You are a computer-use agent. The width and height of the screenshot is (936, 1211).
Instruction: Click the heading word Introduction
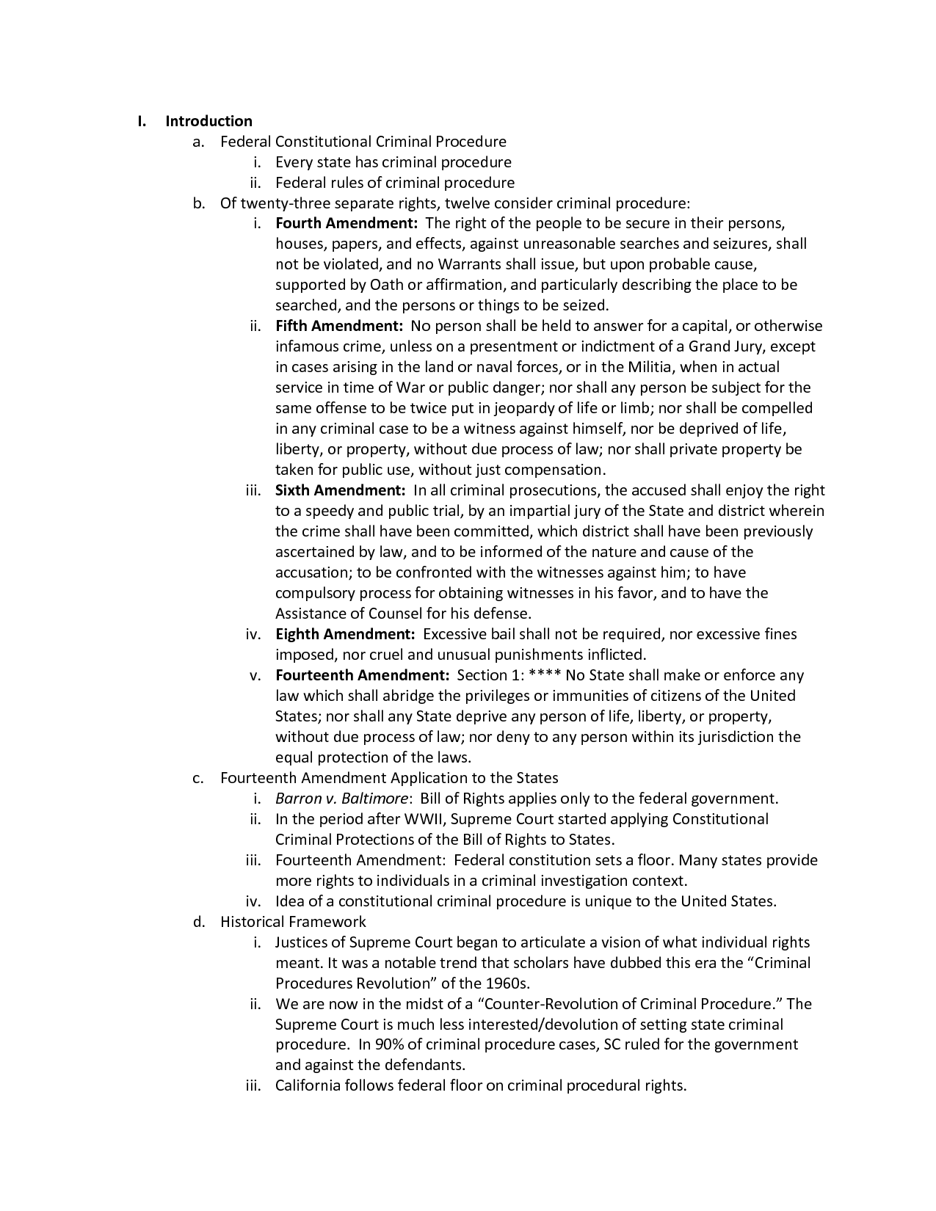(208, 121)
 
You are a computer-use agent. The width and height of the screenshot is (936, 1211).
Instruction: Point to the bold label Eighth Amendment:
(346, 634)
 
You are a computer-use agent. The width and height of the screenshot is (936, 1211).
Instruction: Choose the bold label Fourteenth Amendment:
(362, 675)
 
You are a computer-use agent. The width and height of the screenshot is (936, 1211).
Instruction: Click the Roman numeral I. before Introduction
(142, 121)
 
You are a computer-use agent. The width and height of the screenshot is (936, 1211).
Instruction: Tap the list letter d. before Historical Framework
(198, 922)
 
